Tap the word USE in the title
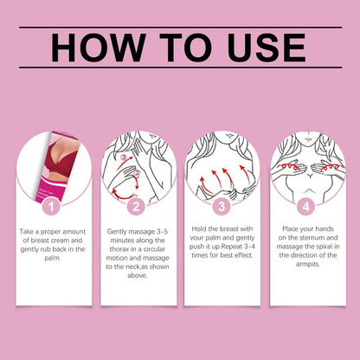click(267, 48)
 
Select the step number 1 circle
click(51, 207)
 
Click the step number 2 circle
click(136, 207)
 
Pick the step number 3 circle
click(222, 207)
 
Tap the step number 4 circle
click(306, 207)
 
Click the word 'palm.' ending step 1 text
click(53, 258)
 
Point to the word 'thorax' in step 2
click(119, 249)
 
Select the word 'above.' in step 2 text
click(138, 275)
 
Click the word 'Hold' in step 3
click(198, 229)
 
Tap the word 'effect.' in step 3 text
click(243, 255)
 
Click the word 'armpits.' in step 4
click(308, 264)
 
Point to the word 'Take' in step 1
click(26, 232)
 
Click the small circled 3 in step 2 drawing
click(125, 157)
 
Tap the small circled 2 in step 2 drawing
click(138, 173)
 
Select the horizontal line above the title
click(181, 28)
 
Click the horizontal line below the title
click(181, 67)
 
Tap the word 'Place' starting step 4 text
click(290, 229)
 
